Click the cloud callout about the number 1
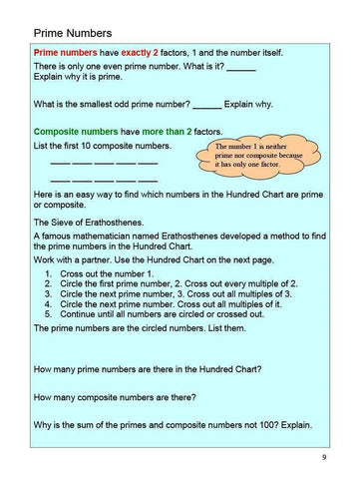point(257,156)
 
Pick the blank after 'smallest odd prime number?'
point(206,104)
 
